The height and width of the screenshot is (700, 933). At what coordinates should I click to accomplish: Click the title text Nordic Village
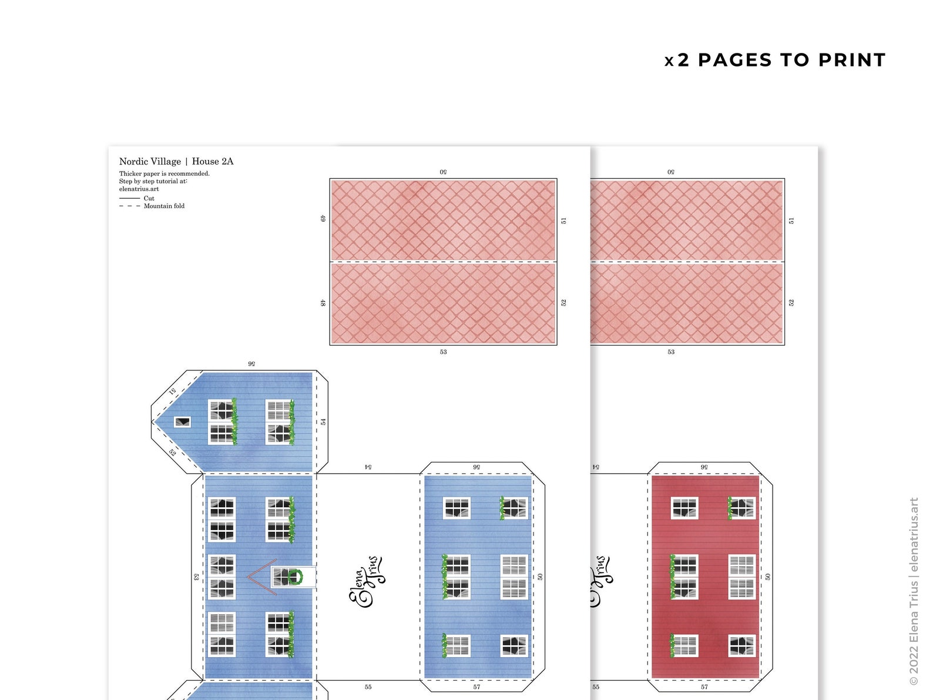point(150,162)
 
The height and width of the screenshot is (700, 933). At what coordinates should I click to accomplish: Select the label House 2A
point(213,162)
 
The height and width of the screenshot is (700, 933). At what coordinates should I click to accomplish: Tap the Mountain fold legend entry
point(164,206)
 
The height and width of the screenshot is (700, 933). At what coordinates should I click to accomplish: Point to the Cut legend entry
point(149,199)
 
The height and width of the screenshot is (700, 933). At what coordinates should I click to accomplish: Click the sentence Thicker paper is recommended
point(165,174)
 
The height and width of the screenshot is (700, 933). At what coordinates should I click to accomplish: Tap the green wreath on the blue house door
point(295,577)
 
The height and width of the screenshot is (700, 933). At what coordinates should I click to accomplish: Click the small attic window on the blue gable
point(182,422)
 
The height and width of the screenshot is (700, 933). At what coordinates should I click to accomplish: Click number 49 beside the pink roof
point(323,219)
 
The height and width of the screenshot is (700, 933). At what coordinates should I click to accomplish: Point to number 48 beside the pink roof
point(323,303)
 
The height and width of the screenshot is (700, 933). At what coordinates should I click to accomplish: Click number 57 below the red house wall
point(704,687)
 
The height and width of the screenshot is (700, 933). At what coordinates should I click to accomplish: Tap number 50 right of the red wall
point(768,577)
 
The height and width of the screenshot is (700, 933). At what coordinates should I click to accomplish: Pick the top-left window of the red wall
point(684,508)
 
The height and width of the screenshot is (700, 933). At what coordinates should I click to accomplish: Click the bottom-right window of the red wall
point(741,646)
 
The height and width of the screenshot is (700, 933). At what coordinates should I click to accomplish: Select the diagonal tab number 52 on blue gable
point(172,453)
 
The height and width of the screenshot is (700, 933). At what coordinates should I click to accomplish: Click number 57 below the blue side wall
point(476,687)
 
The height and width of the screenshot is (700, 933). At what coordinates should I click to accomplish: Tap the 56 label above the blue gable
point(251,364)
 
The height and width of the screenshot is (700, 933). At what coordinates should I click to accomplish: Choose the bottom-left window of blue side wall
point(457,646)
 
